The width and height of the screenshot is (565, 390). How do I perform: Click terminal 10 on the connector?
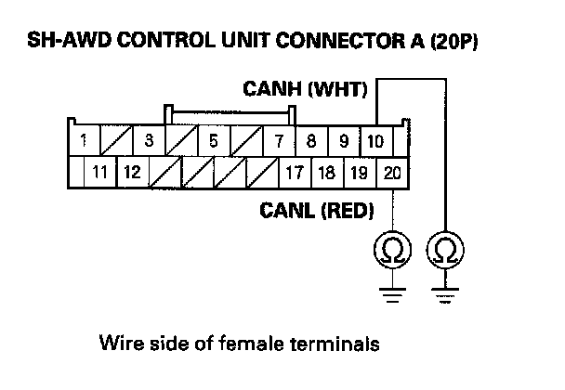pos(375,141)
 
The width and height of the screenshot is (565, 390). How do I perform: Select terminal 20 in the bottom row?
pos(392,173)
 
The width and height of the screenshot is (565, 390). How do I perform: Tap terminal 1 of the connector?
pos(84,140)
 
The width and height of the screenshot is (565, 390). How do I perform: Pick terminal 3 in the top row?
pos(149,140)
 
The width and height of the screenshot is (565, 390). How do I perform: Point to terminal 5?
pos(214,140)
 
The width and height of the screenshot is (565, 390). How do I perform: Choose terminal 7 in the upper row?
pos(280,141)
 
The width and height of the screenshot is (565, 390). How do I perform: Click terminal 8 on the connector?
pos(311,141)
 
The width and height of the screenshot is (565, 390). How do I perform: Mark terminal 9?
pos(344,141)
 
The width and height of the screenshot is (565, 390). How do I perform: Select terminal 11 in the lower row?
pos(99,172)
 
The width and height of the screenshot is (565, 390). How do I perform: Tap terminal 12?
pos(133,172)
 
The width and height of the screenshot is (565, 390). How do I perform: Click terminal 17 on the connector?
pos(295,173)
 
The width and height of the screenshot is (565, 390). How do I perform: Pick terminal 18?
pos(327,173)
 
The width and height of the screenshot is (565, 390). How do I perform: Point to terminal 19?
pos(360,173)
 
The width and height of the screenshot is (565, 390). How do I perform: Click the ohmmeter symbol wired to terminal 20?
pos(392,250)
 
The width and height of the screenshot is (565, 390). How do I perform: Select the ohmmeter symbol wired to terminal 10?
pos(445,250)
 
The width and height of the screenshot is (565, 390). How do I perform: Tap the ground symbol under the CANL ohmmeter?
pos(392,295)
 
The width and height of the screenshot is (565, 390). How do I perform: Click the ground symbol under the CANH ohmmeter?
pos(445,295)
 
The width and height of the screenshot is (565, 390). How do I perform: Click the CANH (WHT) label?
pos(305,89)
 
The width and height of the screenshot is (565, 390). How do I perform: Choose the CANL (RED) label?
pos(317,210)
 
